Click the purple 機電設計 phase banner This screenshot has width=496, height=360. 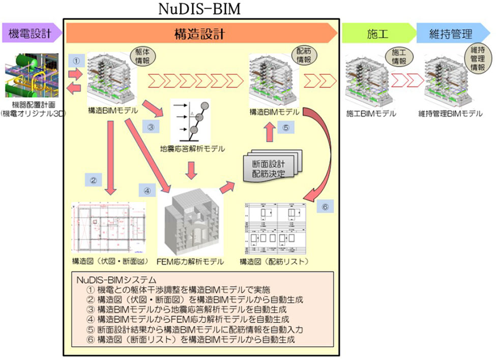coord(31,34)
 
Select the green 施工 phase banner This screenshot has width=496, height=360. coord(377,34)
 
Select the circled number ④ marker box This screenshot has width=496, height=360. coord(147,192)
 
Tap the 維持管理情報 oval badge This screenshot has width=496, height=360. coord(477,57)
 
